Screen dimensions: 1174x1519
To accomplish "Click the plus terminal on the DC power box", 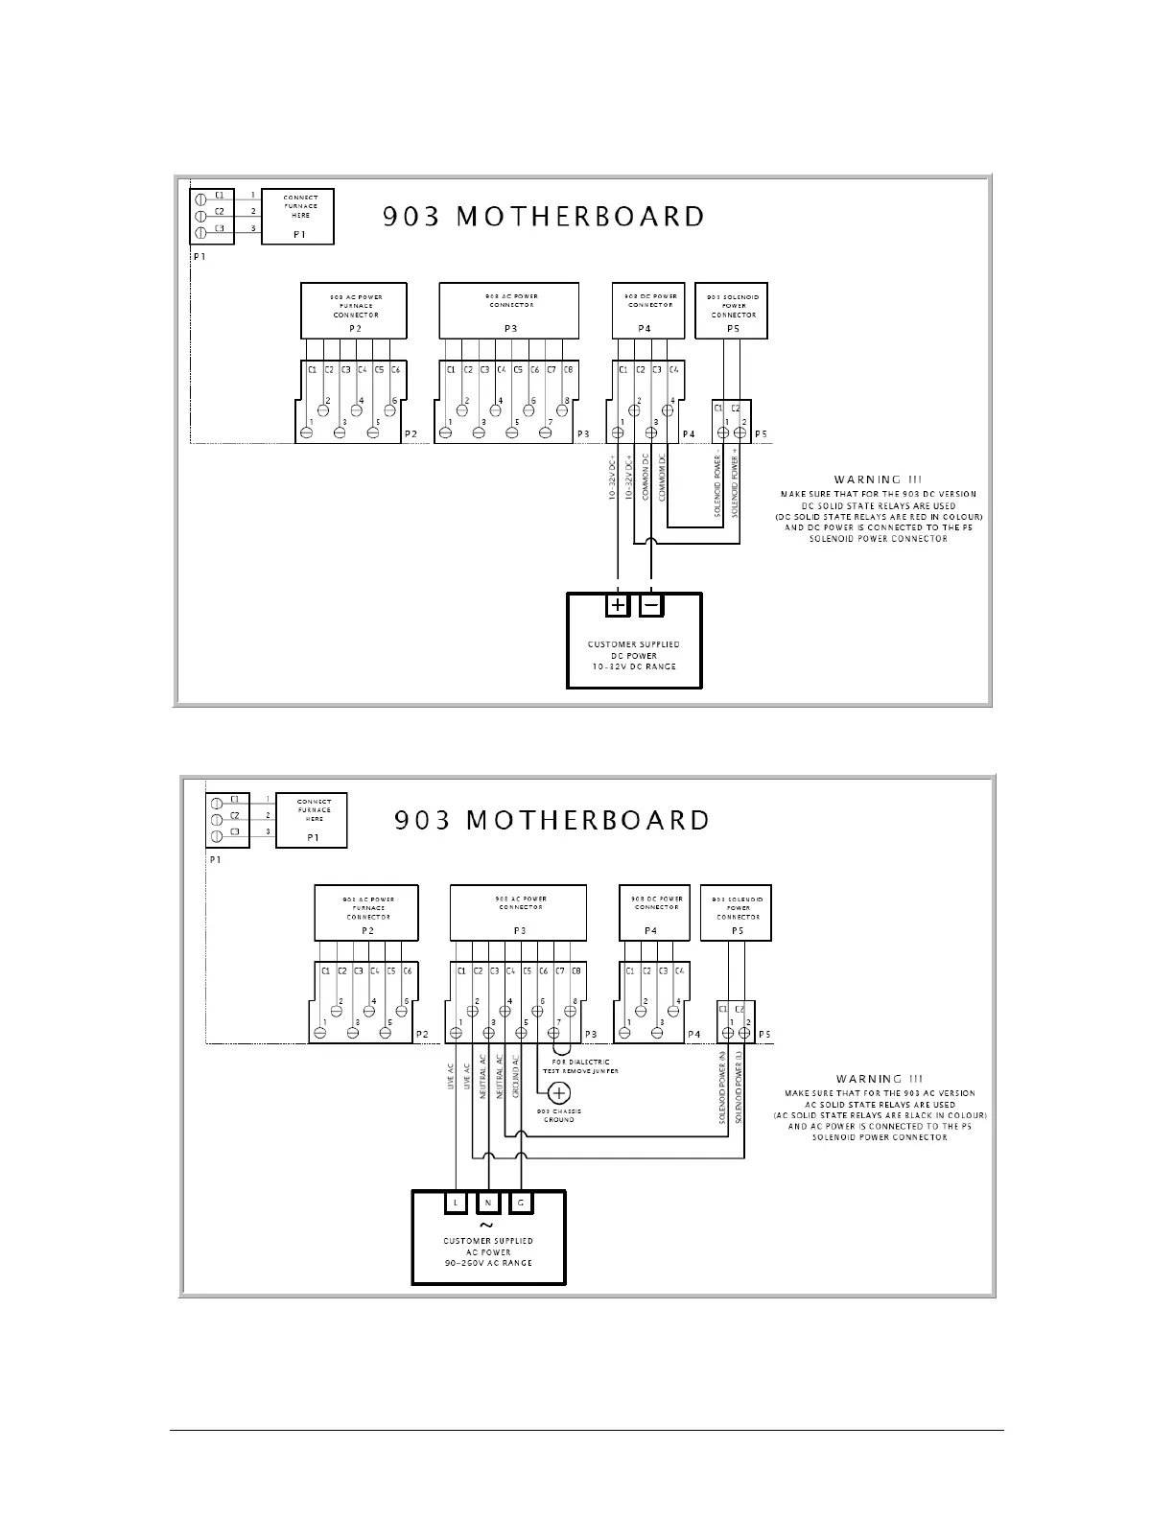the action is point(618,605).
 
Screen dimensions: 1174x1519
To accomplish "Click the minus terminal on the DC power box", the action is point(651,605).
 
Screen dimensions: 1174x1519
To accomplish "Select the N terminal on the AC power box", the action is point(488,1202).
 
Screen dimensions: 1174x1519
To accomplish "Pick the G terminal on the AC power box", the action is point(521,1202).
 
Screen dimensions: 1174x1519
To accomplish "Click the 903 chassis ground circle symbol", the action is point(558,1093).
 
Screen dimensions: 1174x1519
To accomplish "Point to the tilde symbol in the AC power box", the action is point(486,1225).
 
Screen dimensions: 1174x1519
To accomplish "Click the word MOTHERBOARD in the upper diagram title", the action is point(580,217).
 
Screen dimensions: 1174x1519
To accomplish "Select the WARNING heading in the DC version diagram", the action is point(866,479).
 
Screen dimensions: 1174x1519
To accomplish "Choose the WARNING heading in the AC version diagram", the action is point(869,1079).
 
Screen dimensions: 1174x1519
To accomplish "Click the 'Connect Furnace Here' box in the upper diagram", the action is point(297,216).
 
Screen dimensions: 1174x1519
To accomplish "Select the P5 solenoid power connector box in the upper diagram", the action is point(732,310).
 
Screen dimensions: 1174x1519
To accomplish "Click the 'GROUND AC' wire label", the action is point(515,1077).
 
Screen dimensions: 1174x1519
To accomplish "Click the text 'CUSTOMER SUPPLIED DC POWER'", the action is point(633,650).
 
